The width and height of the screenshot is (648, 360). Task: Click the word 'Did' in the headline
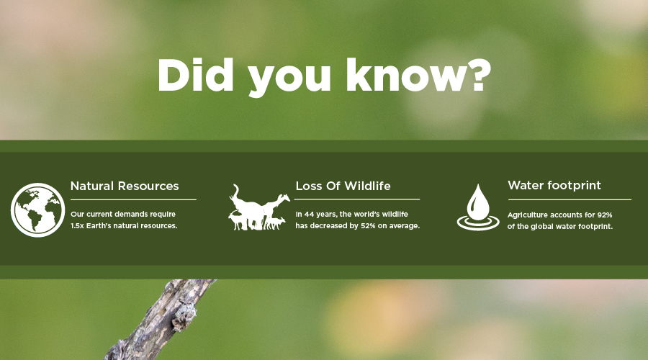[195, 74]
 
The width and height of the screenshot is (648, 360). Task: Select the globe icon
[37, 210]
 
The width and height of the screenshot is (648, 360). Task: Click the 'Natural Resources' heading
[125, 186]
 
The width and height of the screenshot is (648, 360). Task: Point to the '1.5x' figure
[77, 225]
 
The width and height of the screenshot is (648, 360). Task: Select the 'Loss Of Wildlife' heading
[343, 186]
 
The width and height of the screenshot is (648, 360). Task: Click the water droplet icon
[478, 207]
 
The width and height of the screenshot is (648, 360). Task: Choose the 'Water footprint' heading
[554, 185]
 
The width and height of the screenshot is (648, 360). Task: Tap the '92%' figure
[605, 215]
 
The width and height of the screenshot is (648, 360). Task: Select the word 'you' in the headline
[289, 78]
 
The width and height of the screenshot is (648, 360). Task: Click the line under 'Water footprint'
[570, 199]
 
